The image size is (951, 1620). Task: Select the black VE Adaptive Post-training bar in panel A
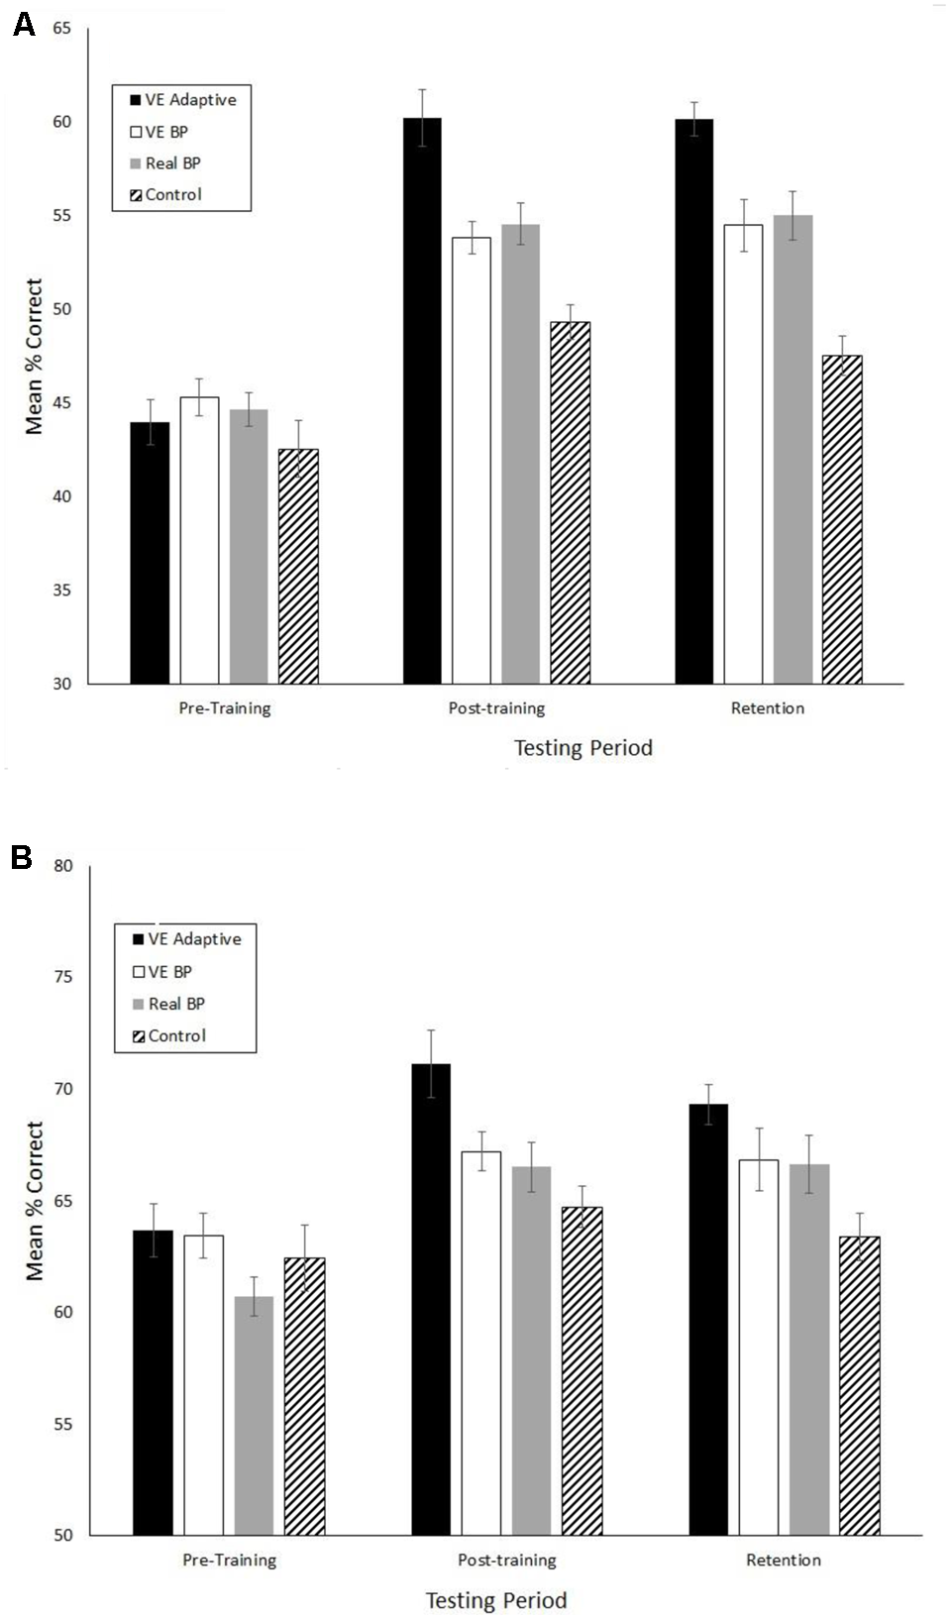[x=422, y=401]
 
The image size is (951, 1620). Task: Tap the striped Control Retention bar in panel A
[x=842, y=520]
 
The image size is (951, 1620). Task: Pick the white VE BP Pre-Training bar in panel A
[x=199, y=540]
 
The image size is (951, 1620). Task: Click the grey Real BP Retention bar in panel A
[x=792, y=451]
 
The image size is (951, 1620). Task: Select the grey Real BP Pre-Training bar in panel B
[x=254, y=1417]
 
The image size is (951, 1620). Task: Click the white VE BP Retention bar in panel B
[x=759, y=1348]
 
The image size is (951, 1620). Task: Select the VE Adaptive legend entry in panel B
[x=187, y=939]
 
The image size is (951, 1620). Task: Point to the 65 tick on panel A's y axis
[x=61, y=28]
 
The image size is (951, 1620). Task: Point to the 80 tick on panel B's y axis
[x=63, y=866]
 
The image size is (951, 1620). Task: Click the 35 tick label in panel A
[x=61, y=591]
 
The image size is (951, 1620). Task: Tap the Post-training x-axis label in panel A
[x=496, y=708]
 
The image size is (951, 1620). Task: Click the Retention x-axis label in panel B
[x=783, y=1560]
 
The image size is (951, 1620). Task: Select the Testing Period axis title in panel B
[x=496, y=1600]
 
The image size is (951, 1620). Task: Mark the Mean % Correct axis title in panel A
[x=35, y=357]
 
